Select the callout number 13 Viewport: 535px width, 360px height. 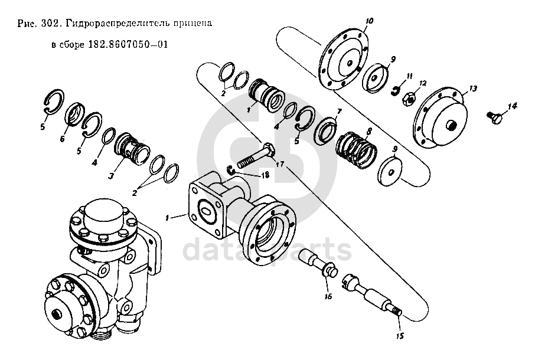[x=472, y=89]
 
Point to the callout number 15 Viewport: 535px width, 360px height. [x=400, y=337]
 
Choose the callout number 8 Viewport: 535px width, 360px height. [x=369, y=131]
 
